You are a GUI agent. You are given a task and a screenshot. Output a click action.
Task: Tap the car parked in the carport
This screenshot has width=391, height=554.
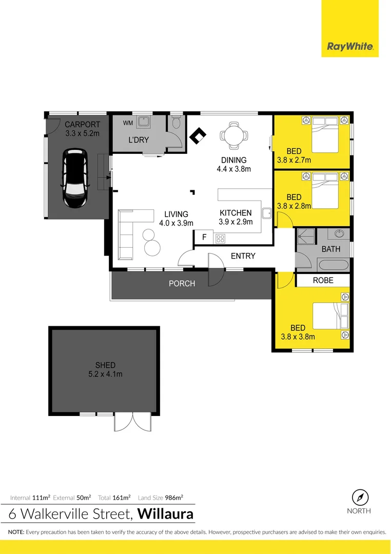74,178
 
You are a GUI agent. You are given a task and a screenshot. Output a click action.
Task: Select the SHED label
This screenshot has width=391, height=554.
105,365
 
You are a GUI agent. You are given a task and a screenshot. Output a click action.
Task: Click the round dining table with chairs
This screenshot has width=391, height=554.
234,135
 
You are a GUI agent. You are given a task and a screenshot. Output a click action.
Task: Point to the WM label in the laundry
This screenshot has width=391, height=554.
127,123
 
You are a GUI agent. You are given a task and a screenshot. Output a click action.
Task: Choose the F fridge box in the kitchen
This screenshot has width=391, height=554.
204,237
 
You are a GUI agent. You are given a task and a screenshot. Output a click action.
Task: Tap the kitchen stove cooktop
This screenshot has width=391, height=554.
220,238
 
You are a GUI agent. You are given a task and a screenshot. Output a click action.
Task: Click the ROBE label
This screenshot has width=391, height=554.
323,280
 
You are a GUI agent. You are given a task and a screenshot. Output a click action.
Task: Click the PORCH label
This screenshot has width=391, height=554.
182,283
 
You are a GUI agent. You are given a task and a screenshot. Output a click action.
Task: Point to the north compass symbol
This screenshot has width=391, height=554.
360,498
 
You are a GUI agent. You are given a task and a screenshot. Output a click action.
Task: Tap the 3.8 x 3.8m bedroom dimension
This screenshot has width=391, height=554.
298,337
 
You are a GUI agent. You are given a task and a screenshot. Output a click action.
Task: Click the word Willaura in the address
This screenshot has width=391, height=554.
166,513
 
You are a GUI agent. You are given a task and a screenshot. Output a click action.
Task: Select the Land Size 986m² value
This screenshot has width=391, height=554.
175,498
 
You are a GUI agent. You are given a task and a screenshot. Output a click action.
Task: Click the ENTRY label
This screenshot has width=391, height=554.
243,256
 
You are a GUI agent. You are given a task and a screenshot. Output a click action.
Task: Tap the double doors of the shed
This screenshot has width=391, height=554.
133,422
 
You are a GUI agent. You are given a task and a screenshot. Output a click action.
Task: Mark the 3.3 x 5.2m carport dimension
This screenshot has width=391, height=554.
82,133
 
